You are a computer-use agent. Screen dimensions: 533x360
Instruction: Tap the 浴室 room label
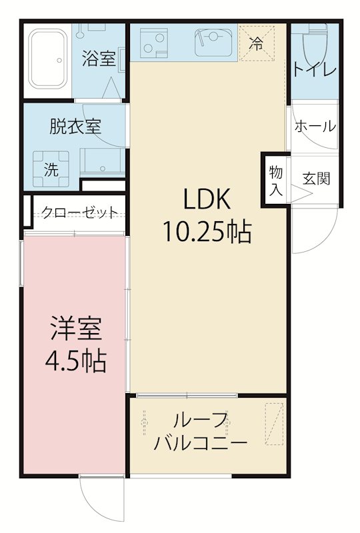[99, 58]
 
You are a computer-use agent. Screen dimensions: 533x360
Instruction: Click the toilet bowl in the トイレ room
[313, 47]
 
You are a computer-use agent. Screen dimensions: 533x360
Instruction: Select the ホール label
[315, 125]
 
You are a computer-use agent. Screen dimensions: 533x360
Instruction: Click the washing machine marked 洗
[51, 169]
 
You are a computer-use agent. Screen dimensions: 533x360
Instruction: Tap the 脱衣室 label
[75, 127]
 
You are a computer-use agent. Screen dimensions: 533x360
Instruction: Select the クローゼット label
[80, 212]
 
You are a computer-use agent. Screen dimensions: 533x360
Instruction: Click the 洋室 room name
[75, 329]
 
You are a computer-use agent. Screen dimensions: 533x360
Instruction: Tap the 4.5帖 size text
[75, 361]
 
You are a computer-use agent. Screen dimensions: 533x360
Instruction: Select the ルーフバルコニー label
[200, 431]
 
